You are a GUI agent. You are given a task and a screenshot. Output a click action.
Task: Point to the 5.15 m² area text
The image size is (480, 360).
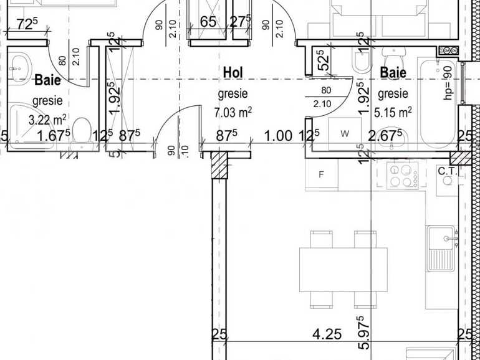394,112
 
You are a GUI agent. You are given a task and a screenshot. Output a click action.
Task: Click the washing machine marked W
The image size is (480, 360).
345,133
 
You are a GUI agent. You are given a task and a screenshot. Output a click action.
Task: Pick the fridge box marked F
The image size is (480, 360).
322,174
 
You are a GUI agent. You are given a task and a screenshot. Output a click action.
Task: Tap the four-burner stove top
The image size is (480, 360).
402,174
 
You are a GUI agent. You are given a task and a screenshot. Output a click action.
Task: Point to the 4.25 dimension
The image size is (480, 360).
327,334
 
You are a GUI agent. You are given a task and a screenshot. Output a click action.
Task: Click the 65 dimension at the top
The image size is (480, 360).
208,23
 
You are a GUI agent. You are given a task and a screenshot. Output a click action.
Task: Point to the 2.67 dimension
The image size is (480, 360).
385,135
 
